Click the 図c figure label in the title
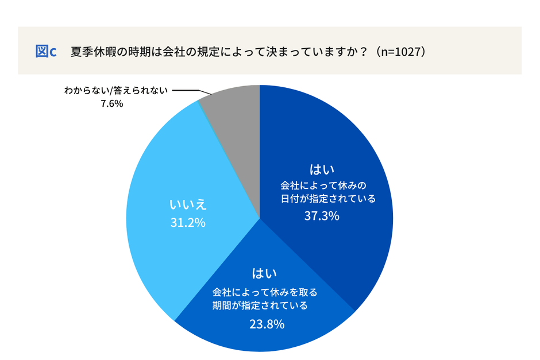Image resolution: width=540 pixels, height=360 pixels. point(45,51)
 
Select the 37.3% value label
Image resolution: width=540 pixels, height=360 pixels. point(322,216)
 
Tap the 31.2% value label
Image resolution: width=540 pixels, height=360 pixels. point(187,223)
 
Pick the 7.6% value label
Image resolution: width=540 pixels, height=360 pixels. point(112,104)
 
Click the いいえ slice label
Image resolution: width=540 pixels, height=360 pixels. point(187,205)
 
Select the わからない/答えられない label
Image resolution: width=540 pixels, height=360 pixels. point(115,91)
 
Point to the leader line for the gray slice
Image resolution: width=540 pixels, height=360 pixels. point(187,91)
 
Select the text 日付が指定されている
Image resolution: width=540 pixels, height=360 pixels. point(327,199)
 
